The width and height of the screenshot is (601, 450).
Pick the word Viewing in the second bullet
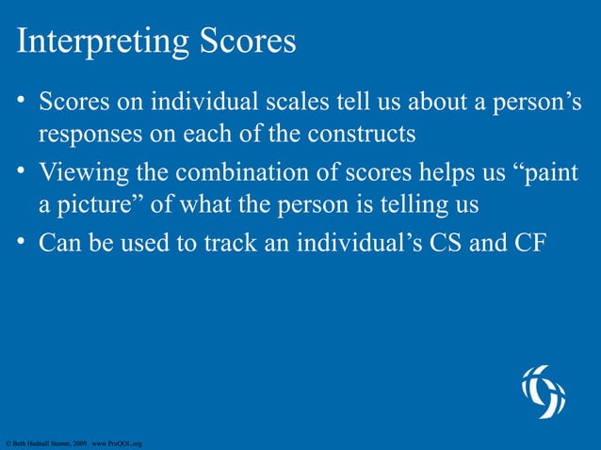pyautogui.click(x=80, y=174)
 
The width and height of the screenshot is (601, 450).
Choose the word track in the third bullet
pyautogui.click(x=212, y=244)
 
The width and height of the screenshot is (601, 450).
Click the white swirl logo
pyautogui.click(x=544, y=391)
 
